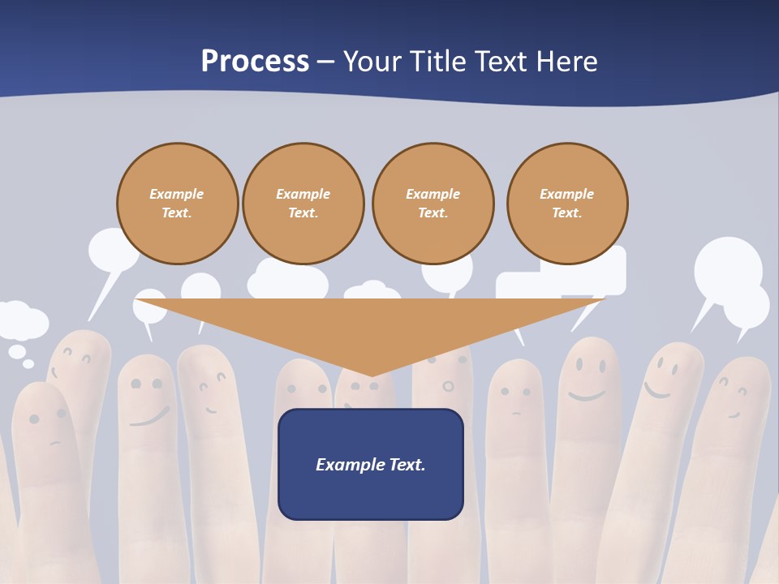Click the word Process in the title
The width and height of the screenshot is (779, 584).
(x=255, y=61)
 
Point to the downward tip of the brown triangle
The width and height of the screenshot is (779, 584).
(x=372, y=376)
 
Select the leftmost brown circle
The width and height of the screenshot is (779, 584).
(x=177, y=204)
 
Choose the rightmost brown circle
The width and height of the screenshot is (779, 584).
(x=567, y=204)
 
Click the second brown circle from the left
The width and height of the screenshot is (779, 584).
(x=303, y=204)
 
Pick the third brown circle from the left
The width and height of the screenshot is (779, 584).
(x=433, y=204)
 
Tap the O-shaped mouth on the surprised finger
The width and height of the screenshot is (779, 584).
(x=447, y=384)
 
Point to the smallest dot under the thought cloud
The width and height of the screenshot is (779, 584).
(x=28, y=364)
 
